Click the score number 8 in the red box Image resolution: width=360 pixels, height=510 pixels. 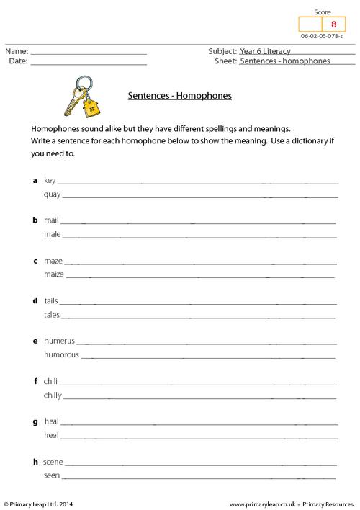pos(333,24)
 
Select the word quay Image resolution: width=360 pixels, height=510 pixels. pos(52,194)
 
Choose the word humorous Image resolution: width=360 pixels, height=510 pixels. pos(61,354)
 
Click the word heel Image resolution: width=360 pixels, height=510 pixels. pos(51,435)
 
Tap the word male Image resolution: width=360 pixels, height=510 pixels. pos(52,234)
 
